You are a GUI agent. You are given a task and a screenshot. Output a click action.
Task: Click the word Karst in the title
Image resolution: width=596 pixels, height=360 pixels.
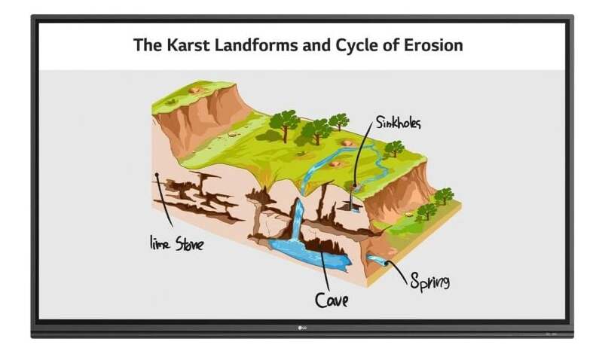point(188,44)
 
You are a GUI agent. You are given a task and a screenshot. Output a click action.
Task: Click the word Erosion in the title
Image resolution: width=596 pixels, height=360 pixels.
point(433,44)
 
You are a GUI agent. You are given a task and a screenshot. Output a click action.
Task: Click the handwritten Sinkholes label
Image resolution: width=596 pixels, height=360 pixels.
point(399,123)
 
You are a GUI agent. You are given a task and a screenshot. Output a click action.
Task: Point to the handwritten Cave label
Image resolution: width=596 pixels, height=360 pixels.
point(332,300)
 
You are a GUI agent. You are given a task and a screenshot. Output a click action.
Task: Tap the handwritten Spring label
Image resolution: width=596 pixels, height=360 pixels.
point(430,282)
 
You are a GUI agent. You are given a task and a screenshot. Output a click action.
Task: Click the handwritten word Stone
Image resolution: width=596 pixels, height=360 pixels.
point(189,243)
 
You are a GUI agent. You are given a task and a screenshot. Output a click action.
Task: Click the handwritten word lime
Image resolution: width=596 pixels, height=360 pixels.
point(160,243)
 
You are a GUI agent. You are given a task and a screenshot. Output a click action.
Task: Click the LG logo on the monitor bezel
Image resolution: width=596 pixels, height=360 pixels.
point(302,328)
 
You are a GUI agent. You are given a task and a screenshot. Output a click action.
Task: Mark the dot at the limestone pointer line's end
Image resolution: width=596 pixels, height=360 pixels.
point(157,175)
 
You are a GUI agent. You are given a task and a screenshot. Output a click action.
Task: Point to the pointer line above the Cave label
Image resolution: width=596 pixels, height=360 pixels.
point(326,270)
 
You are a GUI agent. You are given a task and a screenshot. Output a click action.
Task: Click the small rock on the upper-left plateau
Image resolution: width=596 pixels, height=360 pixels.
point(195,90)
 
